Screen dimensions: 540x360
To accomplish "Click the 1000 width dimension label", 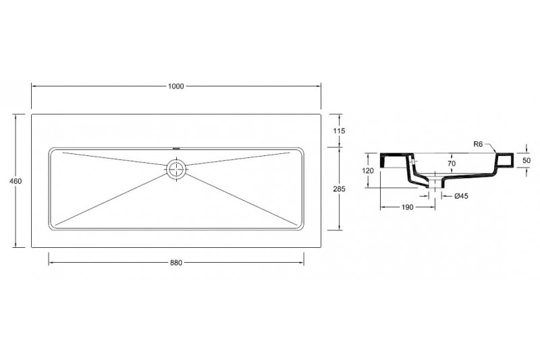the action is [x=176, y=86].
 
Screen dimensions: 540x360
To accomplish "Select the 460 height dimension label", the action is [x=16, y=181].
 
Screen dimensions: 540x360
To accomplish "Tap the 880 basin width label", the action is [x=176, y=263].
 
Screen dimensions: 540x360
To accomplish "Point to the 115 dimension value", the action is [x=340, y=131].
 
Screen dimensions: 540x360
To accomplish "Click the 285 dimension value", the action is [x=340, y=189].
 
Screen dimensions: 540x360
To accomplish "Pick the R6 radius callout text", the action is [x=478, y=145].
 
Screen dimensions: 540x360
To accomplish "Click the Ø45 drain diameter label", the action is [x=461, y=196].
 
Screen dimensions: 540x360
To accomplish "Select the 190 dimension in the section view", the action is [x=408, y=207].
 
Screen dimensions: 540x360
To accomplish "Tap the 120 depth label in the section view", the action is [x=368, y=170].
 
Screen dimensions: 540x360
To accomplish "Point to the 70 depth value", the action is [x=452, y=163].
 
